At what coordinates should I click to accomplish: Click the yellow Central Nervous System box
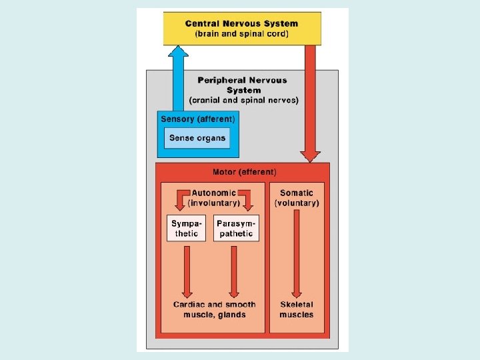click(242, 28)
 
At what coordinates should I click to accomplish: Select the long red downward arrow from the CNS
click(310, 100)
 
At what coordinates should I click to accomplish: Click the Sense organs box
click(197, 138)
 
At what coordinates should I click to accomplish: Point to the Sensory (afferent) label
click(197, 119)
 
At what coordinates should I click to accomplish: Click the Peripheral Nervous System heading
click(242, 85)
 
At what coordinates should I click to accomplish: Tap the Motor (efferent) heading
click(244, 172)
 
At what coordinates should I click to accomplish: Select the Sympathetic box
click(186, 228)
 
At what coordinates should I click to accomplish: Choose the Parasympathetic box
click(236, 228)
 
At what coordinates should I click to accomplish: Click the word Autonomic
click(214, 193)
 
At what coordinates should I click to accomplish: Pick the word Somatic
click(297, 193)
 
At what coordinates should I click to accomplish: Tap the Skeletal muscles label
click(297, 309)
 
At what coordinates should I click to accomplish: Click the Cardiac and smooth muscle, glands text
click(210, 309)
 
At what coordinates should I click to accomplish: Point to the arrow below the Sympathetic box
click(187, 270)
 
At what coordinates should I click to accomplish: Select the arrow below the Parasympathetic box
click(234, 270)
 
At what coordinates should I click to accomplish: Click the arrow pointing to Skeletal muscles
click(297, 253)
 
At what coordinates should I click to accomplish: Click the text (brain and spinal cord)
click(242, 34)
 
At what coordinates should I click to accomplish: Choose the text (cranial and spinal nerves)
click(244, 101)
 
